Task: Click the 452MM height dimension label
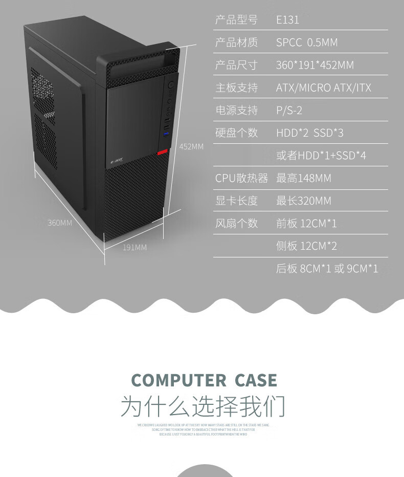coord(191,147)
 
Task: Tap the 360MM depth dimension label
coord(60,223)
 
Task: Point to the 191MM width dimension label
coord(134,248)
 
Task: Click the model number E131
coord(287,20)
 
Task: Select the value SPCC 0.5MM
coord(307,42)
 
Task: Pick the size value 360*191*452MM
coord(315,65)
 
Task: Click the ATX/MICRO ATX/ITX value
coord(323,88)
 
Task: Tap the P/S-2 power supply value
coord(289,110)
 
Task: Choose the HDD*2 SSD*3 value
coord(309,133)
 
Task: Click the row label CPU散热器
coord(241,178)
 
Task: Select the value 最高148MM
coord(303,178)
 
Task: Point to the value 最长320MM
coord(303,201)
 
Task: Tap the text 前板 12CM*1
coord(306,223)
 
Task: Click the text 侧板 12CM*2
coord(306,246)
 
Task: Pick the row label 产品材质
coord(236,42)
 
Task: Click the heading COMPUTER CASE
coord(204,380)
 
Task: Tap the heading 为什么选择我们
coord(203,407)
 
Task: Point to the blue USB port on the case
coord(166,135)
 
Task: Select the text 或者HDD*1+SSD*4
coord(321,156)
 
